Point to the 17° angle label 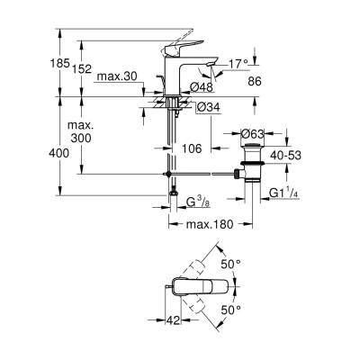238,64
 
